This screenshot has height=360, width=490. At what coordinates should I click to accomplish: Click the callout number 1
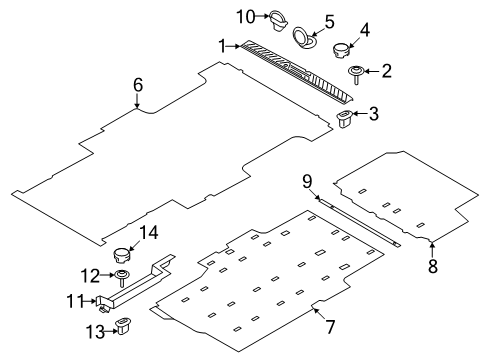tap(223, 45)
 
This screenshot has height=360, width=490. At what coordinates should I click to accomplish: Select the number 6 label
tap(138, 86)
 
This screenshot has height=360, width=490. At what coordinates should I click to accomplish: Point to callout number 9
tap(308, 180)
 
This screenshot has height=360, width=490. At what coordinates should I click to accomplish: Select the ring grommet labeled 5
tap(302, 38)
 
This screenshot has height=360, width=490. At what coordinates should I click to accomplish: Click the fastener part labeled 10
tap(276, 17)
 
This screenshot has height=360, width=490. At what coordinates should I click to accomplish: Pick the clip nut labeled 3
tap(346, 121)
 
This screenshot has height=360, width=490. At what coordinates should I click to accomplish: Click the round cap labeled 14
tap(123, 254)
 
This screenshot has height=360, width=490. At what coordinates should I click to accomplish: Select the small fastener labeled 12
tap(121, 276)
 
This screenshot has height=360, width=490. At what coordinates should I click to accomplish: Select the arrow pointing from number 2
tap(372, 71)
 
